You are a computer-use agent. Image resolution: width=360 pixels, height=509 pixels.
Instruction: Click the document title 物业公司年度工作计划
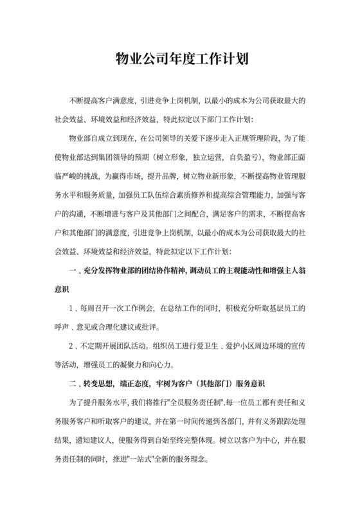180,60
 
